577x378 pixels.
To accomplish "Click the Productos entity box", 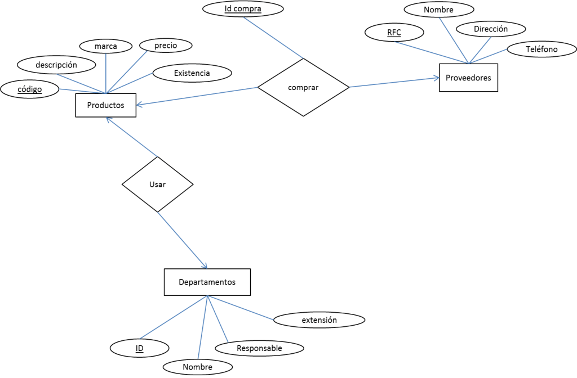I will pyautogui.click(x=105, y=105).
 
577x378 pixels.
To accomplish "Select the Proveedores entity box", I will pyautogui.click(x=468, y=78).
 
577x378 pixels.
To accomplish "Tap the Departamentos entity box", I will pyautogui.click(x=207, y=282).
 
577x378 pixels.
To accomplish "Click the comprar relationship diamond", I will pyautogui.click(x=303, y=87).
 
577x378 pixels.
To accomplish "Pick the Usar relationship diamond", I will pyautogui.click(x=158, y=184).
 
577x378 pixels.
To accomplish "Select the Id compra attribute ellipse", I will pyautogui.click(x=243, y=8).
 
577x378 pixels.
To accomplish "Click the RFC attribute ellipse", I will pyautogui.click(x=394, y=32).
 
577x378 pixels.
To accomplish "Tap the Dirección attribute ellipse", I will pyautogui.click(x=490, y=29).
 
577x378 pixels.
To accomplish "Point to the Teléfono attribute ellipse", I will pyautogui.click(x=541, y=49).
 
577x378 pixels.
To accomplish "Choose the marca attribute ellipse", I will pyautogui.click(x=106, y=46).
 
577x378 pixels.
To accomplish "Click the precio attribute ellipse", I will pyautogui.click(x=165, y=45).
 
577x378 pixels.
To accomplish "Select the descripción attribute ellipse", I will pyautogui.click(x=56, y=65).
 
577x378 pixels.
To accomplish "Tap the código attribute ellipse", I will pyautogui.click(x=30, y=89).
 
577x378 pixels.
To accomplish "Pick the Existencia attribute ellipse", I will pyautogui.click(x=192, y=73).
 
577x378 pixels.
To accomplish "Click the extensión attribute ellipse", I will pyautogui.click(x=319, y=320).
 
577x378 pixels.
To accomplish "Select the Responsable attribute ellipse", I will pyautogui.click(x=259, y=348).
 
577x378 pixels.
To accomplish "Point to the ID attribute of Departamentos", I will pyautogui.click(x=139, y=348).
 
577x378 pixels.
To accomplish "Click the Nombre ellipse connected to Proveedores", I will pyautogui.click(x=438, y=10).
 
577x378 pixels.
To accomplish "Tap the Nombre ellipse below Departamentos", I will pyautogui.click(x=197, y=367).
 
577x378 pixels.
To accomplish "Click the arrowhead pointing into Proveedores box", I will pyautogui.click(x=436, y=79).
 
